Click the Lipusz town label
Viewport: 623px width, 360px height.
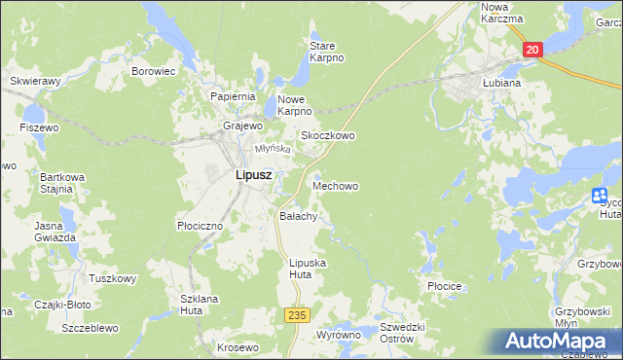253,175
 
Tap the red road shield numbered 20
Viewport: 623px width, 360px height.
531,50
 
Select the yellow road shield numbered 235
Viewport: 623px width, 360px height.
297,315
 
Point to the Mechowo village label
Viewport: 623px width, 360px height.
335,185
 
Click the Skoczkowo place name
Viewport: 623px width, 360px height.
327,135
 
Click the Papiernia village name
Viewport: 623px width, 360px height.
233,96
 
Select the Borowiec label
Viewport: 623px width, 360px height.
153,71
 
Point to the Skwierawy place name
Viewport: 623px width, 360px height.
35,81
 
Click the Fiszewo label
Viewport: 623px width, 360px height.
39,127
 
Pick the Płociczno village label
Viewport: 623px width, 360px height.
201,225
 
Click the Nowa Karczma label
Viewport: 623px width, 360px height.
502,13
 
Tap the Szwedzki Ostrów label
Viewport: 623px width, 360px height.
403,333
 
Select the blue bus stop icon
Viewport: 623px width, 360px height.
600,198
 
